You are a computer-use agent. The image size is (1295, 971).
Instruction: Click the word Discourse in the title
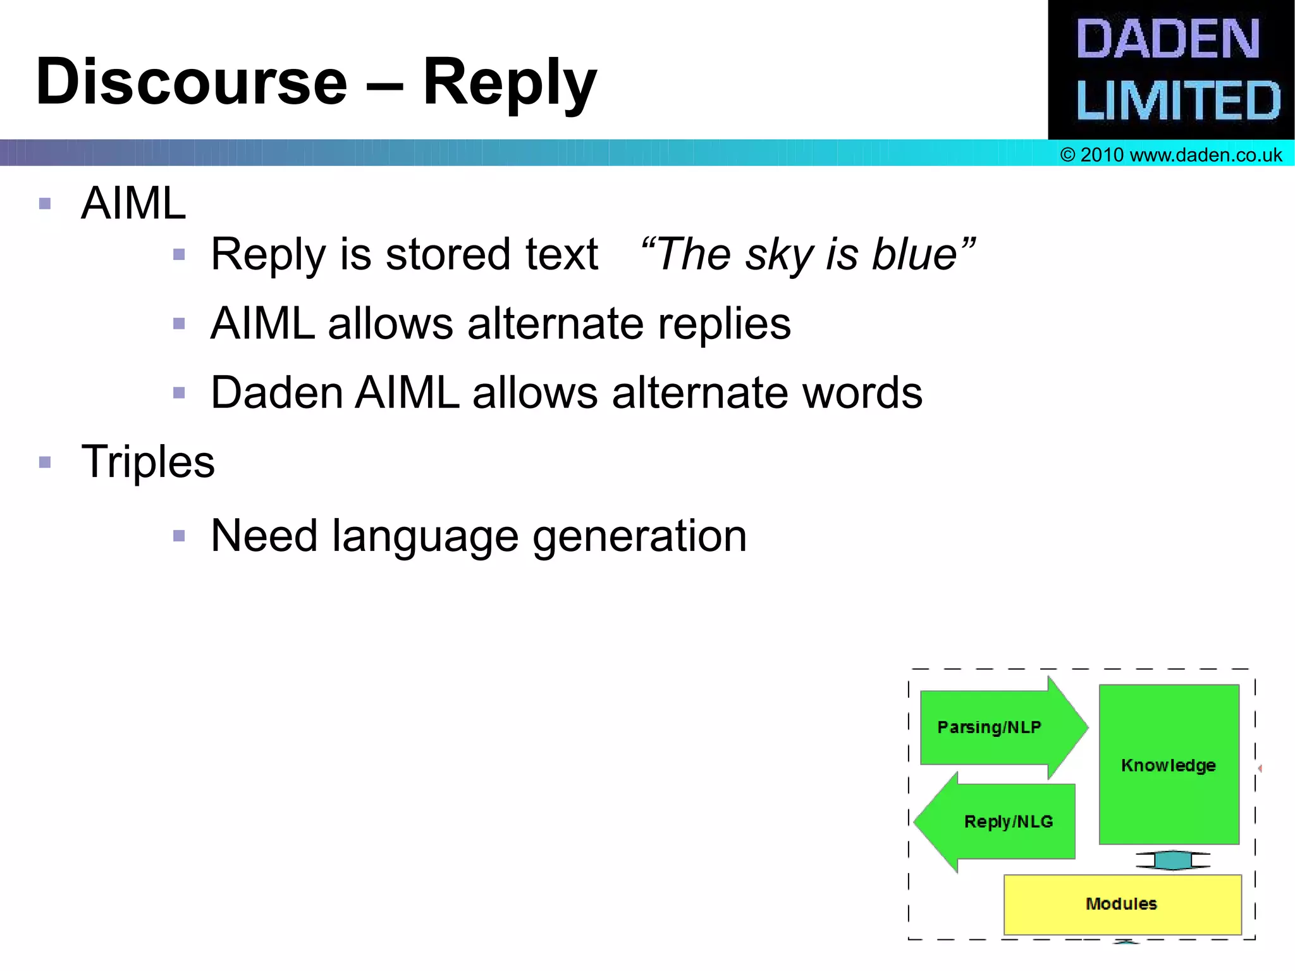click(x=192, y=82)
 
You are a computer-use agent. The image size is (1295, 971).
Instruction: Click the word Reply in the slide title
click(x=509, y=82)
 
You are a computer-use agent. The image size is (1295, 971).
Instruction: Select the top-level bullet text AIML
click(x=133, y=204)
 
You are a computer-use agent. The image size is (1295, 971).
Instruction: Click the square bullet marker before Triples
click(x=45, y=462)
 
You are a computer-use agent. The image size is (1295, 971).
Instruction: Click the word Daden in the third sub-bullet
click(x=277, y=393)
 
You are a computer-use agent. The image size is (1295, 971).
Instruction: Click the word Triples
click(x=148, y=462)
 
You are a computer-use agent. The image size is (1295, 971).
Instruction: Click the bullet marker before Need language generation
click(x=179, y=536)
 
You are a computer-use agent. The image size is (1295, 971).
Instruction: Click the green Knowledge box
click(x=1169, y=765)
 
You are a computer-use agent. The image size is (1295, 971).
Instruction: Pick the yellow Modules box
click(x=1121, y=904)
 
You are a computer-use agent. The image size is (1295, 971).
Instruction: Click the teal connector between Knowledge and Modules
click(x=1172, y=860)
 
